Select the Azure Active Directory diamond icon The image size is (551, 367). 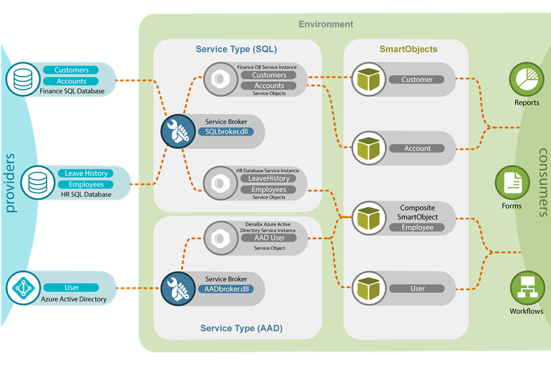[x=23, y=288]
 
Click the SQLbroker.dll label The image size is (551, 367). [x=226, y=132]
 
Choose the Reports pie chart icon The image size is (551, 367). [x=527, y=80]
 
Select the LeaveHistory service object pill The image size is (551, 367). [x=269, y=178]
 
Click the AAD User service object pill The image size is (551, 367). [x=270, y=238]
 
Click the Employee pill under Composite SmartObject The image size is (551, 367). [x=417, y=228]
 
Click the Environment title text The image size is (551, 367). [x=325, y=24]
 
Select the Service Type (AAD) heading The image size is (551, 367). [x=241, y=328]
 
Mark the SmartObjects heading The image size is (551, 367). [x=408, y=49]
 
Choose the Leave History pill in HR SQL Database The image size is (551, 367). [x=86, y=173]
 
